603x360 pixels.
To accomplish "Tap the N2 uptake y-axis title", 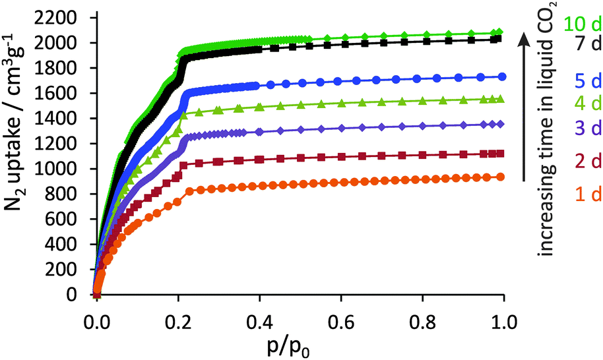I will point(20,156).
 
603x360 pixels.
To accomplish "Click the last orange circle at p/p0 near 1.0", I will point(501,177).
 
